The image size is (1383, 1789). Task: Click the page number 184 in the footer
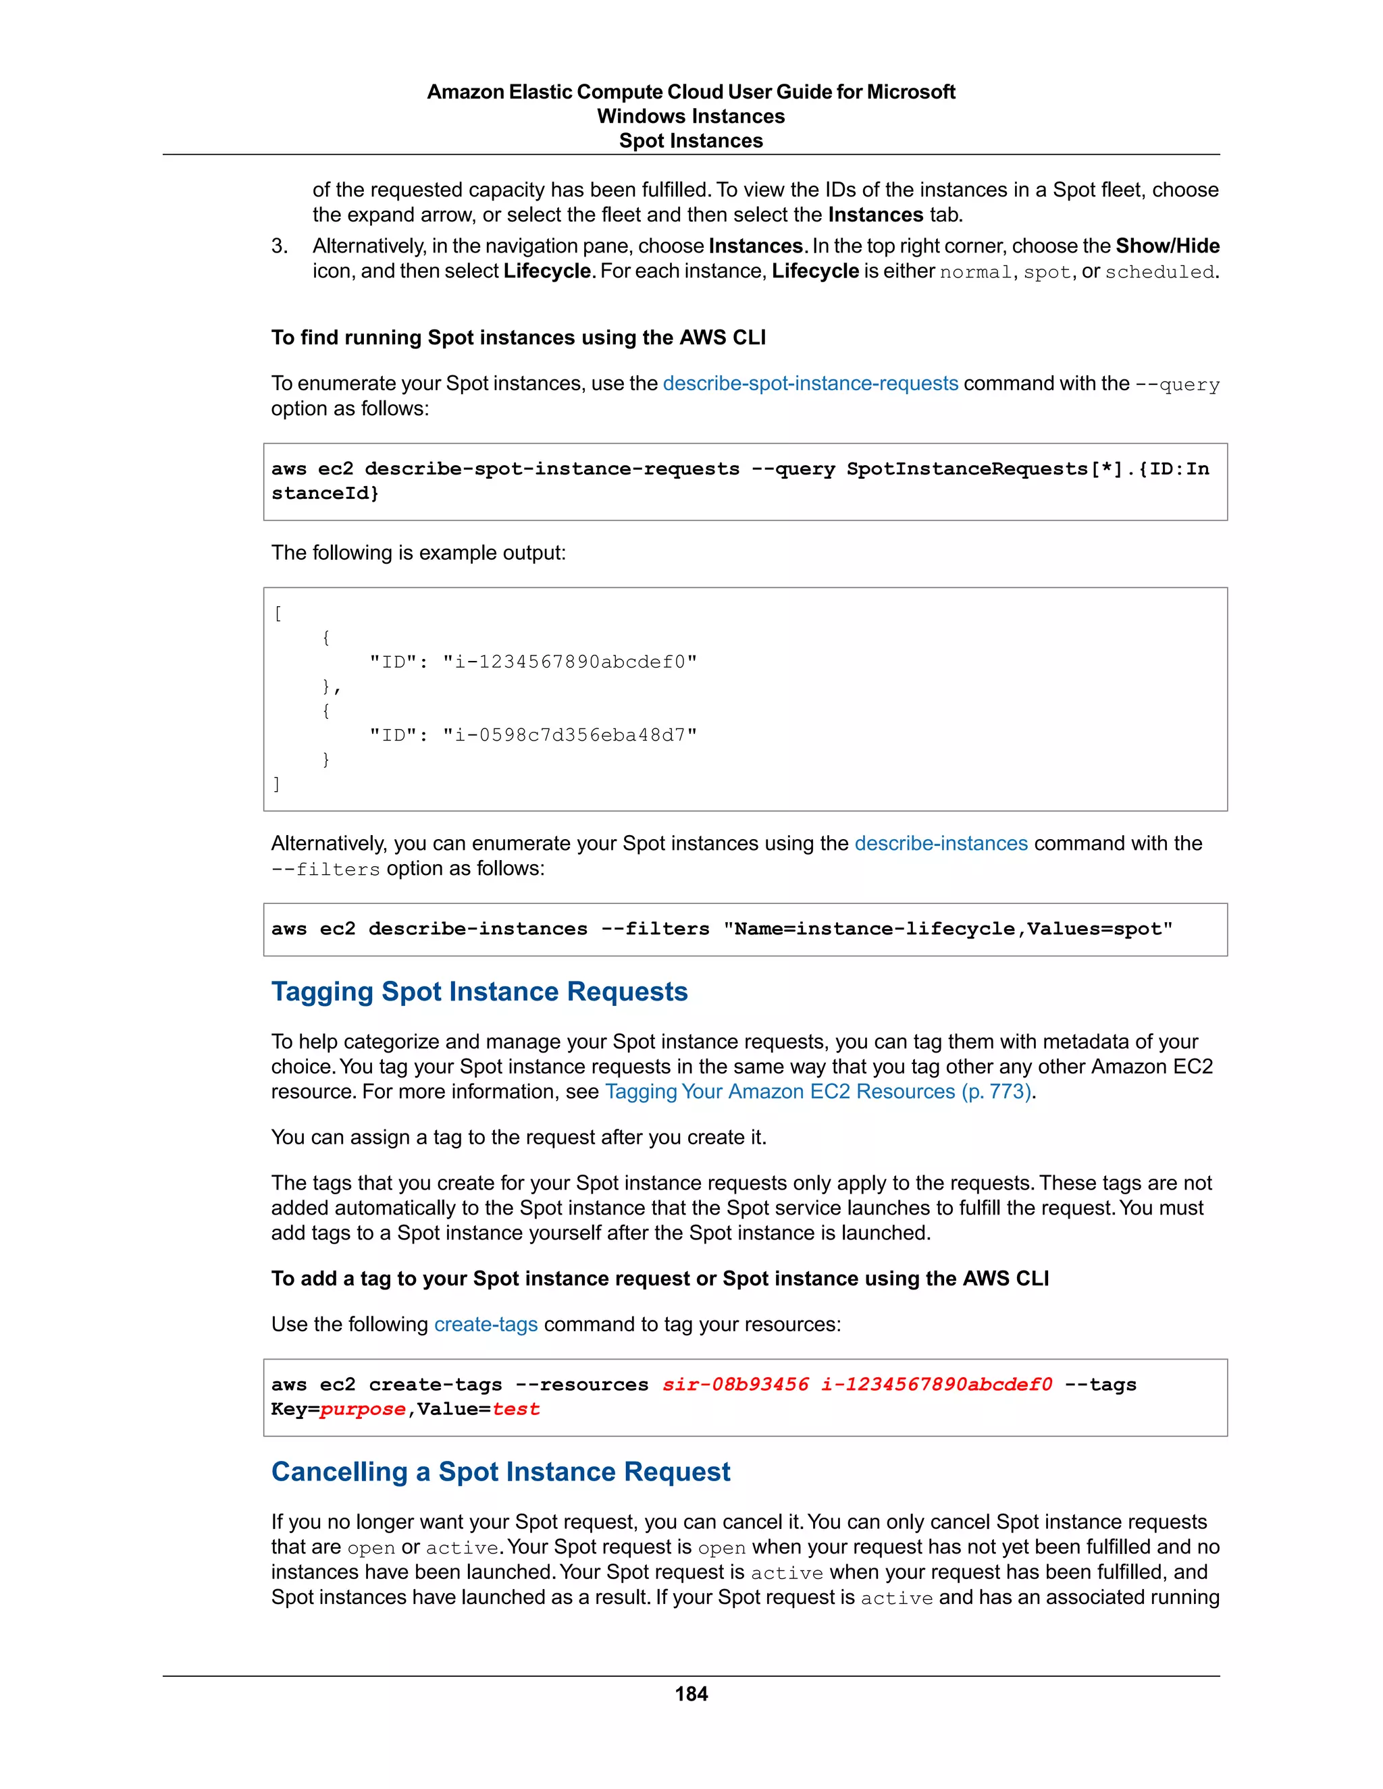tap(691, 1694)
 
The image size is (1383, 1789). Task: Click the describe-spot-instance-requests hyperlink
tap(810, 383)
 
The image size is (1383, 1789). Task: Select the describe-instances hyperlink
tap(941, 843)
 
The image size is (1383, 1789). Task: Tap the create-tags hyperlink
tap(486, 1324)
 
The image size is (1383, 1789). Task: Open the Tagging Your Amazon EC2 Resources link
tap(818, 1091)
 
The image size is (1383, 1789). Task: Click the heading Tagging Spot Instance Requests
tap(479, 991)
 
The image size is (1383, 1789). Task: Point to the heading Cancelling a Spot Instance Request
tap(500, 1471)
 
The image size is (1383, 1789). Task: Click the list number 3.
tap(279, 246)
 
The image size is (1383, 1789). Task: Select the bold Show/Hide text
tap(1168, 246)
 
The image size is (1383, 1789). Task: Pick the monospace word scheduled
tap(1159, 272)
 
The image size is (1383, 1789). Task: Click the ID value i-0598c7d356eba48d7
tap(570, 735)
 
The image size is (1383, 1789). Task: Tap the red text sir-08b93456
tap(735, 1385)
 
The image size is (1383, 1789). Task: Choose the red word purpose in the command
tap(363, 1409)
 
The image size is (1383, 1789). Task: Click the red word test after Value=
tap(516, 1409)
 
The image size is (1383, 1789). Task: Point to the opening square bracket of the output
tap(278, 613)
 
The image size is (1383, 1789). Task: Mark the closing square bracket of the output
tap(277, 784)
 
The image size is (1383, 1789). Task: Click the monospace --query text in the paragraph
tap(1177, 384)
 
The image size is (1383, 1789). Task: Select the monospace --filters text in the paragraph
tap(326, 869)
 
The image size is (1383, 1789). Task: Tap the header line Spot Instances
tap(691, 141)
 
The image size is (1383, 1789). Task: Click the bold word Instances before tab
tap(876, 215)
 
